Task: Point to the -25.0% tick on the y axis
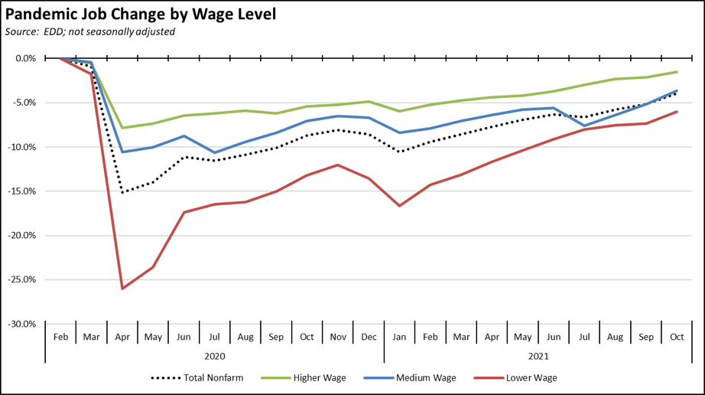(24, 279)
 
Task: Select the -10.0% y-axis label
(24, 147)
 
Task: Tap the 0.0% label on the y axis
(27, 58)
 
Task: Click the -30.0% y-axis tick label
(24, 324)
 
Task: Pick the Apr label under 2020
(122, 337)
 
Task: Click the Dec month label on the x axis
(369, 337)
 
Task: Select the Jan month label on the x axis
(400, 337)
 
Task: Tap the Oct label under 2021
(677, 337)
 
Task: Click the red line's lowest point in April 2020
(122, 289)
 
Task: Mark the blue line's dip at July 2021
(585, 126)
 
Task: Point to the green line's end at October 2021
(677, 72)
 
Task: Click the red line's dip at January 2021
(400, 206)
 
